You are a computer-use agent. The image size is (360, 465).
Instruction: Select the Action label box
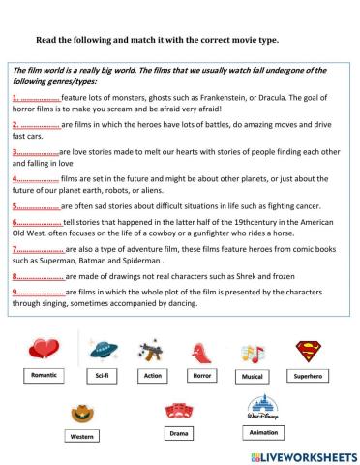[152, 373]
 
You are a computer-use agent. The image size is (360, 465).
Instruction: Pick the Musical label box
[255, 373]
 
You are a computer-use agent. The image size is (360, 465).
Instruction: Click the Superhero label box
[310, 373]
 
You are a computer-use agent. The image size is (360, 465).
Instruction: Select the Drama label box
[178, 433]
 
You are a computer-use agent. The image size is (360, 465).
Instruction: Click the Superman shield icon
[310, 347]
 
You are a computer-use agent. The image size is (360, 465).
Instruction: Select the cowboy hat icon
[82, 414]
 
